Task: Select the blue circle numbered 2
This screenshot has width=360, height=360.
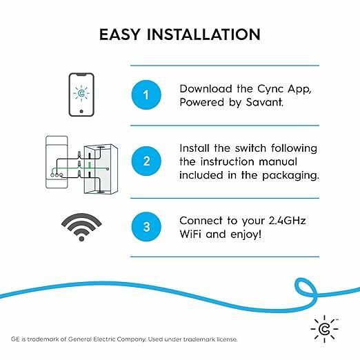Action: (x=146, y=161)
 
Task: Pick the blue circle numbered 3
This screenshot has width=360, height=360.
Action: (x=146, y=227)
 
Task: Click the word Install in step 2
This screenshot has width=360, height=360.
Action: (x=196, y=148)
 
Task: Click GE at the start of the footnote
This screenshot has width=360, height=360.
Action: (x=16, y=339)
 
